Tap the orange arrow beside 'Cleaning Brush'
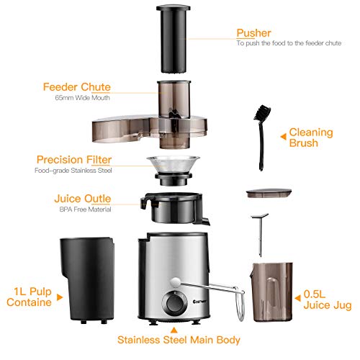pyautogui.click(x=282, y=132)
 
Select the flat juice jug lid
pyautogui.click(x=266, y=194)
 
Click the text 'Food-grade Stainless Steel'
pyautogui.click(x=76, y=171)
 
